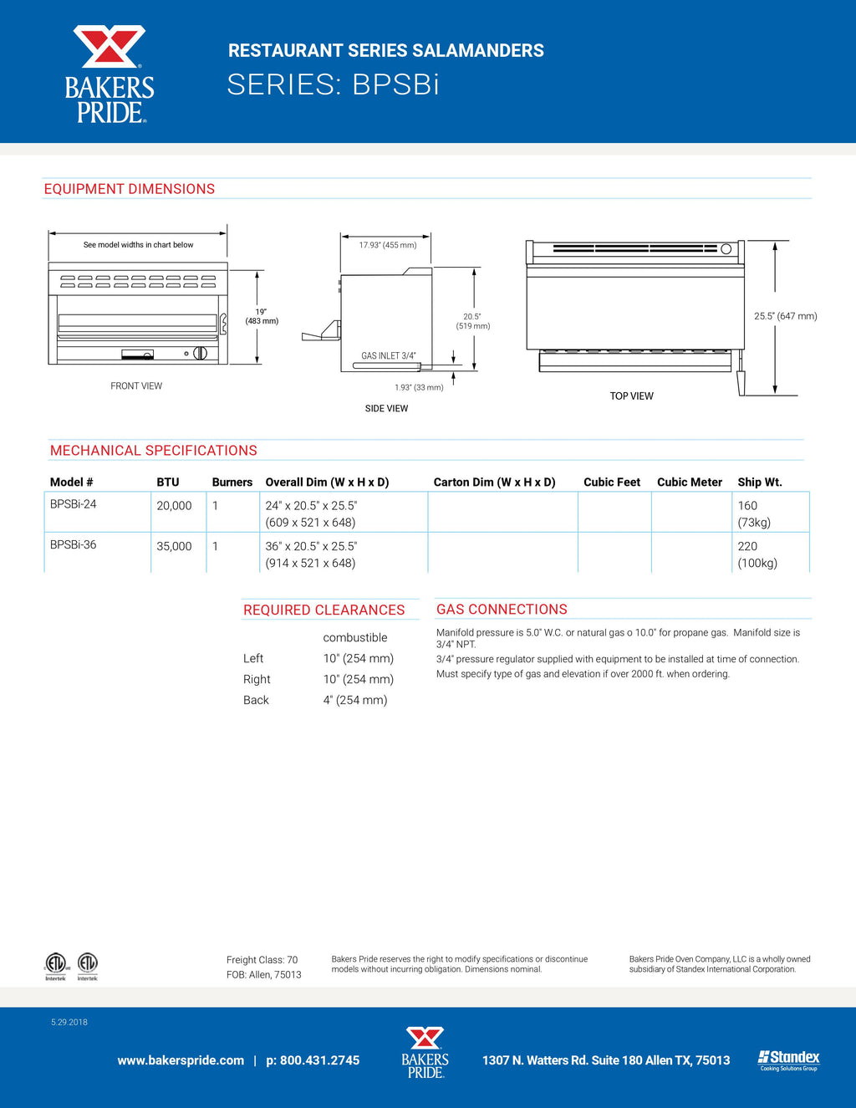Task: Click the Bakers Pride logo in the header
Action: (110, 74)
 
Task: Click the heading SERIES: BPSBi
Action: (333, 84)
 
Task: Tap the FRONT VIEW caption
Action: (136, 386)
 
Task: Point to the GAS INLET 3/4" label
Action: (388, 356)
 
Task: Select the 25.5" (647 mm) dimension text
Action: (785, 316)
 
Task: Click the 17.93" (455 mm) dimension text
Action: (388, 245)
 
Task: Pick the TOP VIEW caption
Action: (631, 396)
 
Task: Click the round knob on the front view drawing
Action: (200, 353)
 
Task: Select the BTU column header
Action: (167, 483)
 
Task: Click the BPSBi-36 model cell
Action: (73, 544)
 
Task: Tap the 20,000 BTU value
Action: (174, 506)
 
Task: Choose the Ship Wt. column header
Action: (759, 483)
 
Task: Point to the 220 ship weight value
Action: (747, 546)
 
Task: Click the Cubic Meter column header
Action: (689, 483)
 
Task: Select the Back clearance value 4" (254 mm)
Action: (355, 700)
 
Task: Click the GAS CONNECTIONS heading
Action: (502, 610)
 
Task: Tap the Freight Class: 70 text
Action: (262, 960)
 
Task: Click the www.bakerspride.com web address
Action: (181, 1060)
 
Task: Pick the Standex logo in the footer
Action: (788, 1059)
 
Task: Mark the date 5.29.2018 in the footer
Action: (69, 1022)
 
